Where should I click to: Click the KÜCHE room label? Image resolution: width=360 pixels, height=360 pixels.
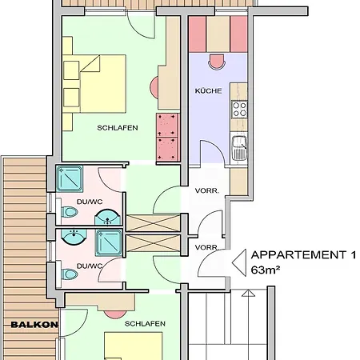click(x=208, y=91)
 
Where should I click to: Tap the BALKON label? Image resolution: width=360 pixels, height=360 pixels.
click(x=34, y=325)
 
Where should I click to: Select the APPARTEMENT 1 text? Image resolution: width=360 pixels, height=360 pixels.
click(x=303, y=255)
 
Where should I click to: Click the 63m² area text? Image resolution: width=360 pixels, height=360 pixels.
click(x=266, y=270)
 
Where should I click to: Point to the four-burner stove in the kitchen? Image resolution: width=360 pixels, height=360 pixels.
click(x=239, y=110)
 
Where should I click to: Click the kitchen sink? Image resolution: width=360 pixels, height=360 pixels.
click(x=239, y=148)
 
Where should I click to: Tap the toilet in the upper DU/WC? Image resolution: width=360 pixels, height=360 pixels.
click(x=69, y=212)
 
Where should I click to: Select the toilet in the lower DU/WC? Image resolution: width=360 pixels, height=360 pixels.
click(x=69, y=274)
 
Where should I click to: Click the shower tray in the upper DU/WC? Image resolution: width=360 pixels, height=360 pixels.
click(x=70, y=178)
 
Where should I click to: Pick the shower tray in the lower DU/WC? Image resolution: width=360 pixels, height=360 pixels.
click(x=109, y=243)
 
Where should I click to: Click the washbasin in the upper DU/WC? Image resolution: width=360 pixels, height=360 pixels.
click(x=107, y=217)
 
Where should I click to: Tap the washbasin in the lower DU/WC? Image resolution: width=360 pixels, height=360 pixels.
click(x=74, y=236)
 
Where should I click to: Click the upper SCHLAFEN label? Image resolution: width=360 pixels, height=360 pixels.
click(x=118, y=128)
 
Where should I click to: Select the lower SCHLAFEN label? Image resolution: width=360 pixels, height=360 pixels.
click(x=145, y=324)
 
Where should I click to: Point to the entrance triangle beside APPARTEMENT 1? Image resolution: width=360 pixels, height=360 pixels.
click(x=239, y=262)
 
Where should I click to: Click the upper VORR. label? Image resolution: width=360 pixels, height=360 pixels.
click(x=207, y=191)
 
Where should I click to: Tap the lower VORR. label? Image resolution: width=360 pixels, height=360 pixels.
click(x=206, y=247)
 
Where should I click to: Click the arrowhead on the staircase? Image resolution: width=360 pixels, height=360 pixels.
click(x=248, y=294)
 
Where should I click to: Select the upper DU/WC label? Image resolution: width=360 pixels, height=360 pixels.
click(x=90, y=202)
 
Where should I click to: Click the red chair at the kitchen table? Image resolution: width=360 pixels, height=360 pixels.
click(x=217, y=62)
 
